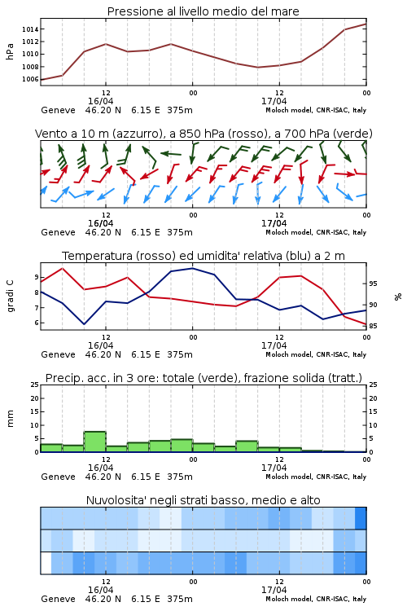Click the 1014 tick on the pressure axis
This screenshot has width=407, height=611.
[30, 29]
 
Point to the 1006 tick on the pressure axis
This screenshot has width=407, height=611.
[30, 80]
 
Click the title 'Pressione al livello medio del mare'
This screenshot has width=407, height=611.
[203, 11]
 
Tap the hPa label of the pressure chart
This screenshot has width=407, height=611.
[10, 51]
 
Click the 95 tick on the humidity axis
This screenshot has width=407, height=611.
[373, 284]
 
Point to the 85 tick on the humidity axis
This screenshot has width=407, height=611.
[373, 326]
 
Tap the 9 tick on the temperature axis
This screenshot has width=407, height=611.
[37, 278]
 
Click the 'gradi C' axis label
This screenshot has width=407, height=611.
[10, 296]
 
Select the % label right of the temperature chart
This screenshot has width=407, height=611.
[398, 297]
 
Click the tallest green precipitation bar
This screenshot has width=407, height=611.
[95, 442]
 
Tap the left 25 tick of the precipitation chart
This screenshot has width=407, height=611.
[35, 385]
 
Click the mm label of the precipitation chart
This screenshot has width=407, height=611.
[10, 419]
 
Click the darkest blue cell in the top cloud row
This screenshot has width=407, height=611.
[361, 518]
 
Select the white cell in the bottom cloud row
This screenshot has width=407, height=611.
[46, 563]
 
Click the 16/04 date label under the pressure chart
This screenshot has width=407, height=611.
[100, 101]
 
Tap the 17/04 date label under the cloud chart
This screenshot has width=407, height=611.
[274, 590]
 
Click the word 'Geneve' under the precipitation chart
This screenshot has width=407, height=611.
[58, 477]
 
